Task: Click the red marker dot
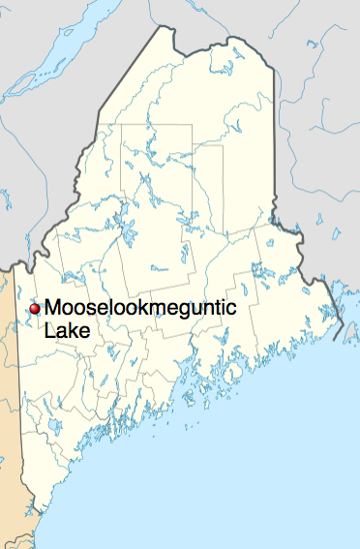(35, 308)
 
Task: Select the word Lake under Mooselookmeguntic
(66, 331)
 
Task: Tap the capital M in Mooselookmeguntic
(54, 309)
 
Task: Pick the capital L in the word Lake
(50, 331)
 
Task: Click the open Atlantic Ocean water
(242, 484)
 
